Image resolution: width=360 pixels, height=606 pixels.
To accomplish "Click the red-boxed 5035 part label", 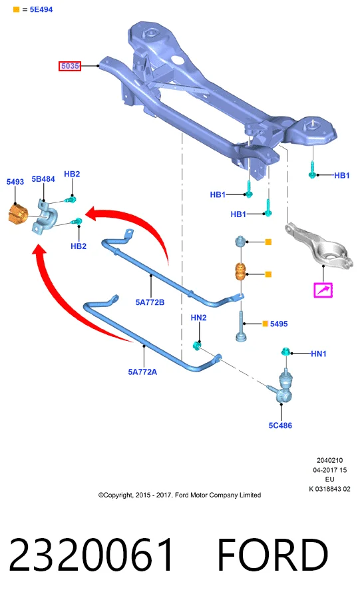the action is [70, 66].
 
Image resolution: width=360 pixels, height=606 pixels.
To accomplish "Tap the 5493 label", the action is [15, 182].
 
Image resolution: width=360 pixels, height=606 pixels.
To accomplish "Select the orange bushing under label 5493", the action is [18, 214].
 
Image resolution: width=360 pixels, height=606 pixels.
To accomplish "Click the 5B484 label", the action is [43, 179].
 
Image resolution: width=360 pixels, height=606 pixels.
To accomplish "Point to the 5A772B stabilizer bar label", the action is [150, 302].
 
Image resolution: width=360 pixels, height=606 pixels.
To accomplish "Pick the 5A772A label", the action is [142, 372].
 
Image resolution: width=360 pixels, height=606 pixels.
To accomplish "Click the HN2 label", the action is [198, 318].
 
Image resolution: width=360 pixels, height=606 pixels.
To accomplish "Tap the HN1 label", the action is [319, 354].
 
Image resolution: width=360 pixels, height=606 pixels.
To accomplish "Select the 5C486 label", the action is [280, 426].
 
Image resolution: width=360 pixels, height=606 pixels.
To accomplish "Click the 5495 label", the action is [279, 324].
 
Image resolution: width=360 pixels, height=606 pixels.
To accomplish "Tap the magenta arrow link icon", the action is [323, 290].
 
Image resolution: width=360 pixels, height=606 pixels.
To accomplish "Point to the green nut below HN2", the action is [196, 345].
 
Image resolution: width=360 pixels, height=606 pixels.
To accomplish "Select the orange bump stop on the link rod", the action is [242, 273].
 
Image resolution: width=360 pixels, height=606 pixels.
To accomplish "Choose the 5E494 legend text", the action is [41, 9].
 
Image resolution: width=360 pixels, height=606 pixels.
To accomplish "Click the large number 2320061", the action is [91, 555].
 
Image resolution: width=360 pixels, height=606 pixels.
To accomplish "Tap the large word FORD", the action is [273, 555].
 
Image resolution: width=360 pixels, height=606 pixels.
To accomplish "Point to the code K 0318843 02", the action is [329, 489].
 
